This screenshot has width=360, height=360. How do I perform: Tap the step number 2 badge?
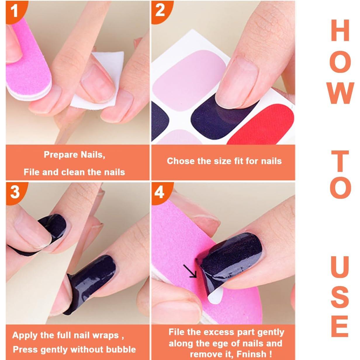(x=160, y=11)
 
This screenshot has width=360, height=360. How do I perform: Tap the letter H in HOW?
(x=340, y=31)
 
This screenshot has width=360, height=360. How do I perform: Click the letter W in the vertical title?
(x=340, y=93)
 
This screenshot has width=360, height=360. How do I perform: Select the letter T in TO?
(x=340, y=161)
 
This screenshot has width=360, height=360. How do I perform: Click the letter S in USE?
(x=340, y=297)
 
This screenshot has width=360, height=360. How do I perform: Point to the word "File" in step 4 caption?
(x=177, y=332)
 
